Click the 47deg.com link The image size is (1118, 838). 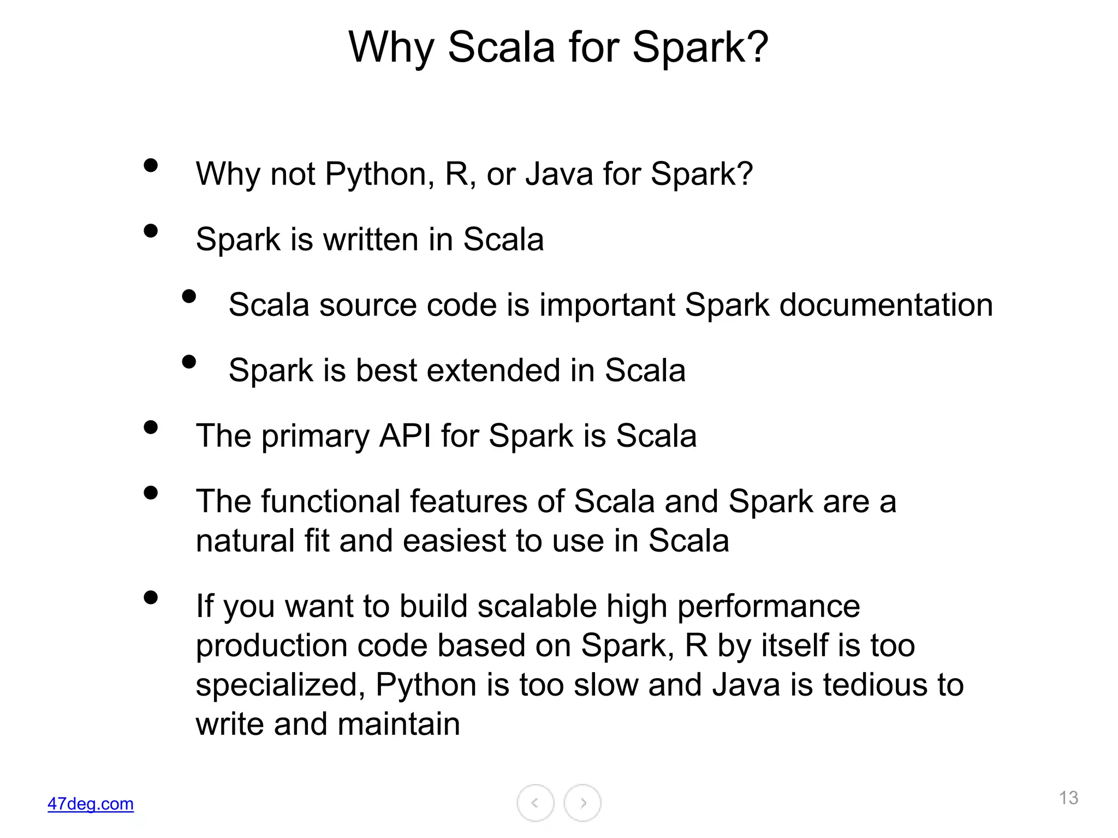coord(91,804)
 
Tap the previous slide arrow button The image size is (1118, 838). coord(535,803)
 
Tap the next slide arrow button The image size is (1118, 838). coord(582,803)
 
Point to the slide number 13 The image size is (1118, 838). coord(1068,798)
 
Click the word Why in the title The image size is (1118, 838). coord(391,48)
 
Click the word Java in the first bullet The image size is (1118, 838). coord(559,174)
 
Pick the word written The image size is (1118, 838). coord(371,240)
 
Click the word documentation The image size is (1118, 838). coord(886,305)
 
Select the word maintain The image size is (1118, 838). coord(399,724)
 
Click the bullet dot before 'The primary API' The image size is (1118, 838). coord(151,427)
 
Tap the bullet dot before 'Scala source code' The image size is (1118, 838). coord(189,296)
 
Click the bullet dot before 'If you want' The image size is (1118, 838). coord(151,597)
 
